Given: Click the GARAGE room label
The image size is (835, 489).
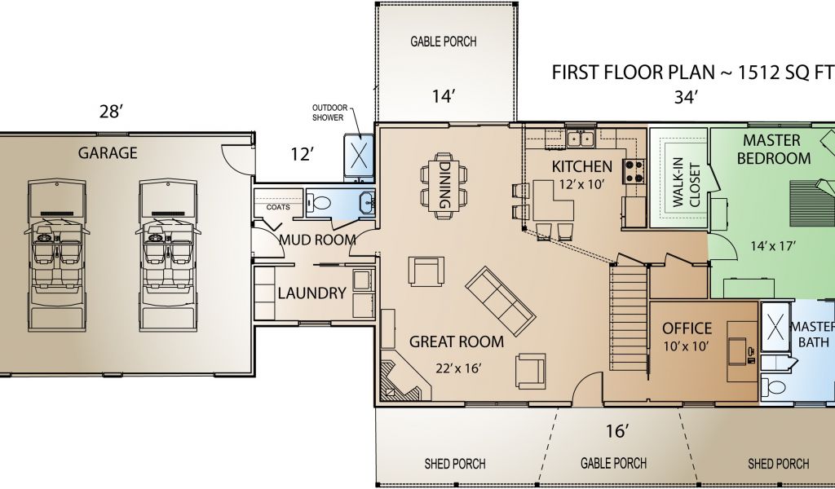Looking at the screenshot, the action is (x=108, y=153).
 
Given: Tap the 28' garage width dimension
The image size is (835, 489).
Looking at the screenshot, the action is (x=111, y=112).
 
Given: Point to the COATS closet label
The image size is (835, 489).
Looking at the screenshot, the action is (x=278, y=207).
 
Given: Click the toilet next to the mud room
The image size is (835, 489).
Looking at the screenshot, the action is (x=320, y=203).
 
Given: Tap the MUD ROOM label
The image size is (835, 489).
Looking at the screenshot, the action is (x=317, y=240).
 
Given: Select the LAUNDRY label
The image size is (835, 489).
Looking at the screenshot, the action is (x=311, y=293).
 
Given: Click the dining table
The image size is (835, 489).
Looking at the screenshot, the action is (x=444, y=187).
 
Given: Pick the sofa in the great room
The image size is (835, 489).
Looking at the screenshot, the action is (x=500, y=301).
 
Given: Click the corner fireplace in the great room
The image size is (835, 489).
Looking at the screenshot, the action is (x=403, y=380).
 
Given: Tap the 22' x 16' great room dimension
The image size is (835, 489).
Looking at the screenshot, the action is (x=458, y=368).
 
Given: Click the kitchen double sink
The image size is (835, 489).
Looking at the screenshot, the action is (x=581, y=139).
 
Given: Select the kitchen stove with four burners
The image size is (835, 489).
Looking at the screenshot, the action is (x=634, y=171).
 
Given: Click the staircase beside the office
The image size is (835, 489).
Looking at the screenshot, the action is (x=629, y=318).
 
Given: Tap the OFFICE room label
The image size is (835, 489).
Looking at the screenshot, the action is (x=687, y=328).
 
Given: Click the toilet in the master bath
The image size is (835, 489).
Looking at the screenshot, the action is (x=773, y=386).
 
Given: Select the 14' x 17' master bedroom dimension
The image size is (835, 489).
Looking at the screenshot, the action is (x=773, y=246).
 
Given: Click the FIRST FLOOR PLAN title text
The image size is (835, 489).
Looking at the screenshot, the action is (x=631, y=73).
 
